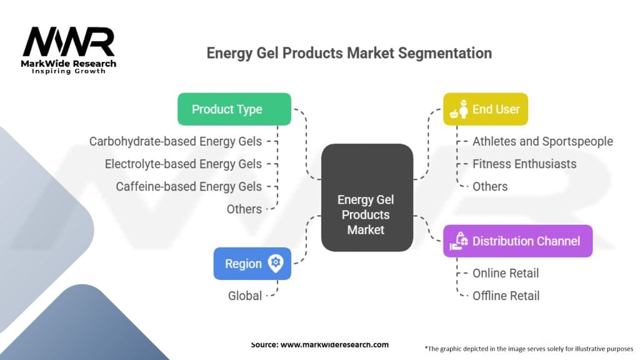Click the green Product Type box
coord(234,109)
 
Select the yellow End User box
coord(485,109)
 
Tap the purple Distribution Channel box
coord(517,241)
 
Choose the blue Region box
coord(252,264)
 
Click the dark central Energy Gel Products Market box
coord(367,197)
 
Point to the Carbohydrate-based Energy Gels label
coord(176,141)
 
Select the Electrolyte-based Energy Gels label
coord(183,164)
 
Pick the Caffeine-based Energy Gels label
coord(189,186)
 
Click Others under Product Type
coord(244,209)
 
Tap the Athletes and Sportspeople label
coord(542,141)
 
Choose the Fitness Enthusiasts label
coord(524,164)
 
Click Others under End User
coord(490,186)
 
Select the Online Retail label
coord(505,273)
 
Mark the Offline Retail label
coord(506,296)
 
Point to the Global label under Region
coord(245,296)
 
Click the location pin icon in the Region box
coord(276,263)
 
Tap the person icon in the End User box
coord(462,109)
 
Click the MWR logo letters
coord(69,41)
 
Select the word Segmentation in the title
coord(445,53)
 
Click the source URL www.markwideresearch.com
coord(334,344)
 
